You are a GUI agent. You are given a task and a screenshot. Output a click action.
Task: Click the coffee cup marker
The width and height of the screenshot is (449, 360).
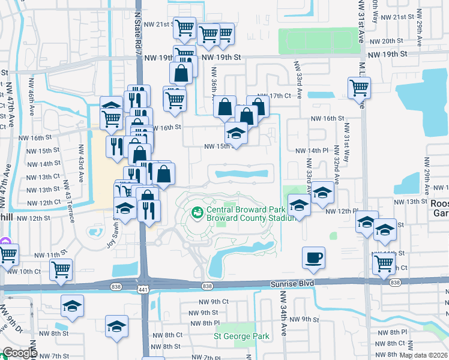(x=313, y=258)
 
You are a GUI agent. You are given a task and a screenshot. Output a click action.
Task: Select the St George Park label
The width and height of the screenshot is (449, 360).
(x=242, y=337)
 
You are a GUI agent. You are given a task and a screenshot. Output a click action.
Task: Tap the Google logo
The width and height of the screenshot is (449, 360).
(x=20, y=353)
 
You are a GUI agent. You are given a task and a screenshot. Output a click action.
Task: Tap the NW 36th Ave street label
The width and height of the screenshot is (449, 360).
(x=213, y=84)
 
